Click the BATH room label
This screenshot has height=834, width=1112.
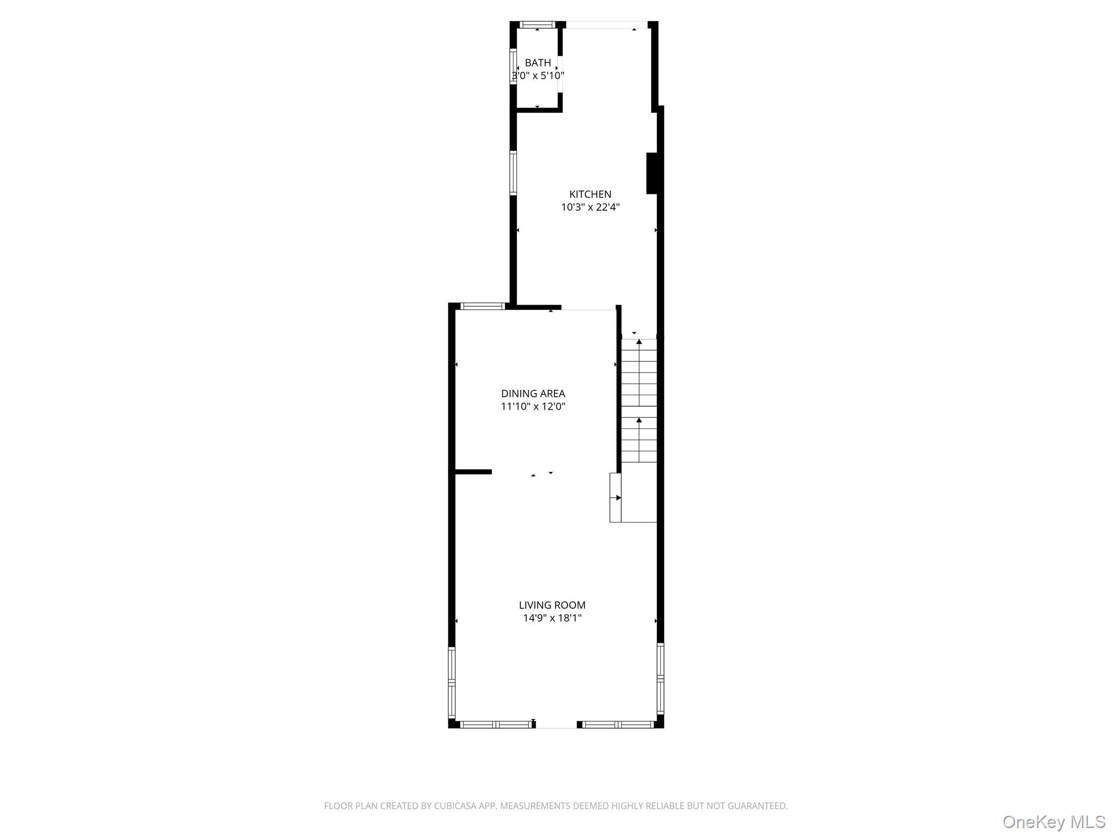click(x=538, y=63)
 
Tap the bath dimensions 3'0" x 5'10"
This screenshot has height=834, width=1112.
click(x=538, y=75)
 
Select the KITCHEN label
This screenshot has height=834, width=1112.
click(x=590, y=194)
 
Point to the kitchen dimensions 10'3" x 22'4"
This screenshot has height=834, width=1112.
click(x=590, y=207)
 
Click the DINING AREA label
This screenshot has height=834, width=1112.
click(x=533, y=393)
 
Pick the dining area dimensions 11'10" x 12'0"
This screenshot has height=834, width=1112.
click(x=533, y=406)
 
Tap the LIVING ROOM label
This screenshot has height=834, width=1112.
click(x=552, y=605)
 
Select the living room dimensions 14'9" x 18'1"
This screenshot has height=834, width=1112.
click(x=552, y=618)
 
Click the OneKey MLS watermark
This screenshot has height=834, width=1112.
click(x=1054, y=821)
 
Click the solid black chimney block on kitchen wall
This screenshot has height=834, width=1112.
click(x=652, y=173)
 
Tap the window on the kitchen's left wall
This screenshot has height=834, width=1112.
click(x=513, y=173)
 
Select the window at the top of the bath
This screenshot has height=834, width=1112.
click(x=538, y=24)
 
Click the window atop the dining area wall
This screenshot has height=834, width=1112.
click(x=483, y=306)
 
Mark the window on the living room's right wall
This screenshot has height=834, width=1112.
click(x=660, y=679)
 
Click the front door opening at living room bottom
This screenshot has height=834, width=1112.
click(x=557, y=725)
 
